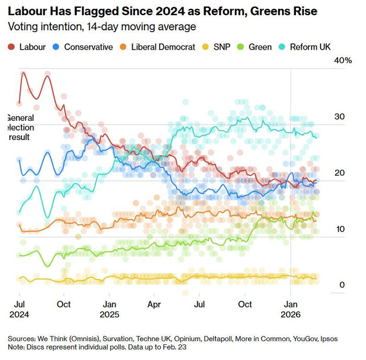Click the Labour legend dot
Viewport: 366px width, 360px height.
point(12,47)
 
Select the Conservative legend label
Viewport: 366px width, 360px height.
point(88,47)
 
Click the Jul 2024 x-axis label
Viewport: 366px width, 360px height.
point(19,309)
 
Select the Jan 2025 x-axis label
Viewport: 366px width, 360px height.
point(109,309)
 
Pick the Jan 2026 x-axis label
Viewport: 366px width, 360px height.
point(291,309)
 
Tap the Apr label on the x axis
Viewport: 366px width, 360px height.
point(154,304)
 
